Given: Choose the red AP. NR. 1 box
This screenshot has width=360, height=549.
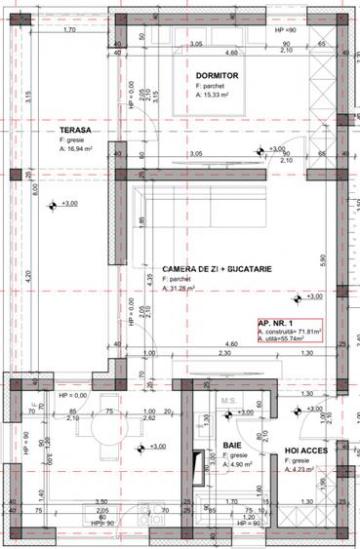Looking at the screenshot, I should pos(289,333).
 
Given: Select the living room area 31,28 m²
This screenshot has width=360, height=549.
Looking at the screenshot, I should pos(179,289).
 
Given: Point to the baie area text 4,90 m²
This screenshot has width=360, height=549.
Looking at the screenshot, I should pos(238,465).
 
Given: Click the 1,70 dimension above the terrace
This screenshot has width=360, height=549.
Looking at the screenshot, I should pos(69,30).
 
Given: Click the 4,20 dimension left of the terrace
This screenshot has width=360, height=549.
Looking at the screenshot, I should pos(29,274).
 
